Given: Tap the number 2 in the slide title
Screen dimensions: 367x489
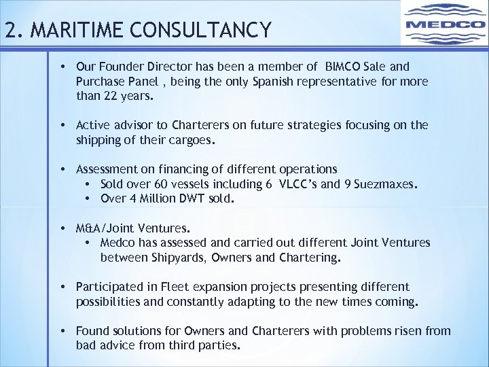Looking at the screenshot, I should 10,31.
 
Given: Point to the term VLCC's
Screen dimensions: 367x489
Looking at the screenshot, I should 295,184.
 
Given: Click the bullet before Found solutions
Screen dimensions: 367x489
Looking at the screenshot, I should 62,331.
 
